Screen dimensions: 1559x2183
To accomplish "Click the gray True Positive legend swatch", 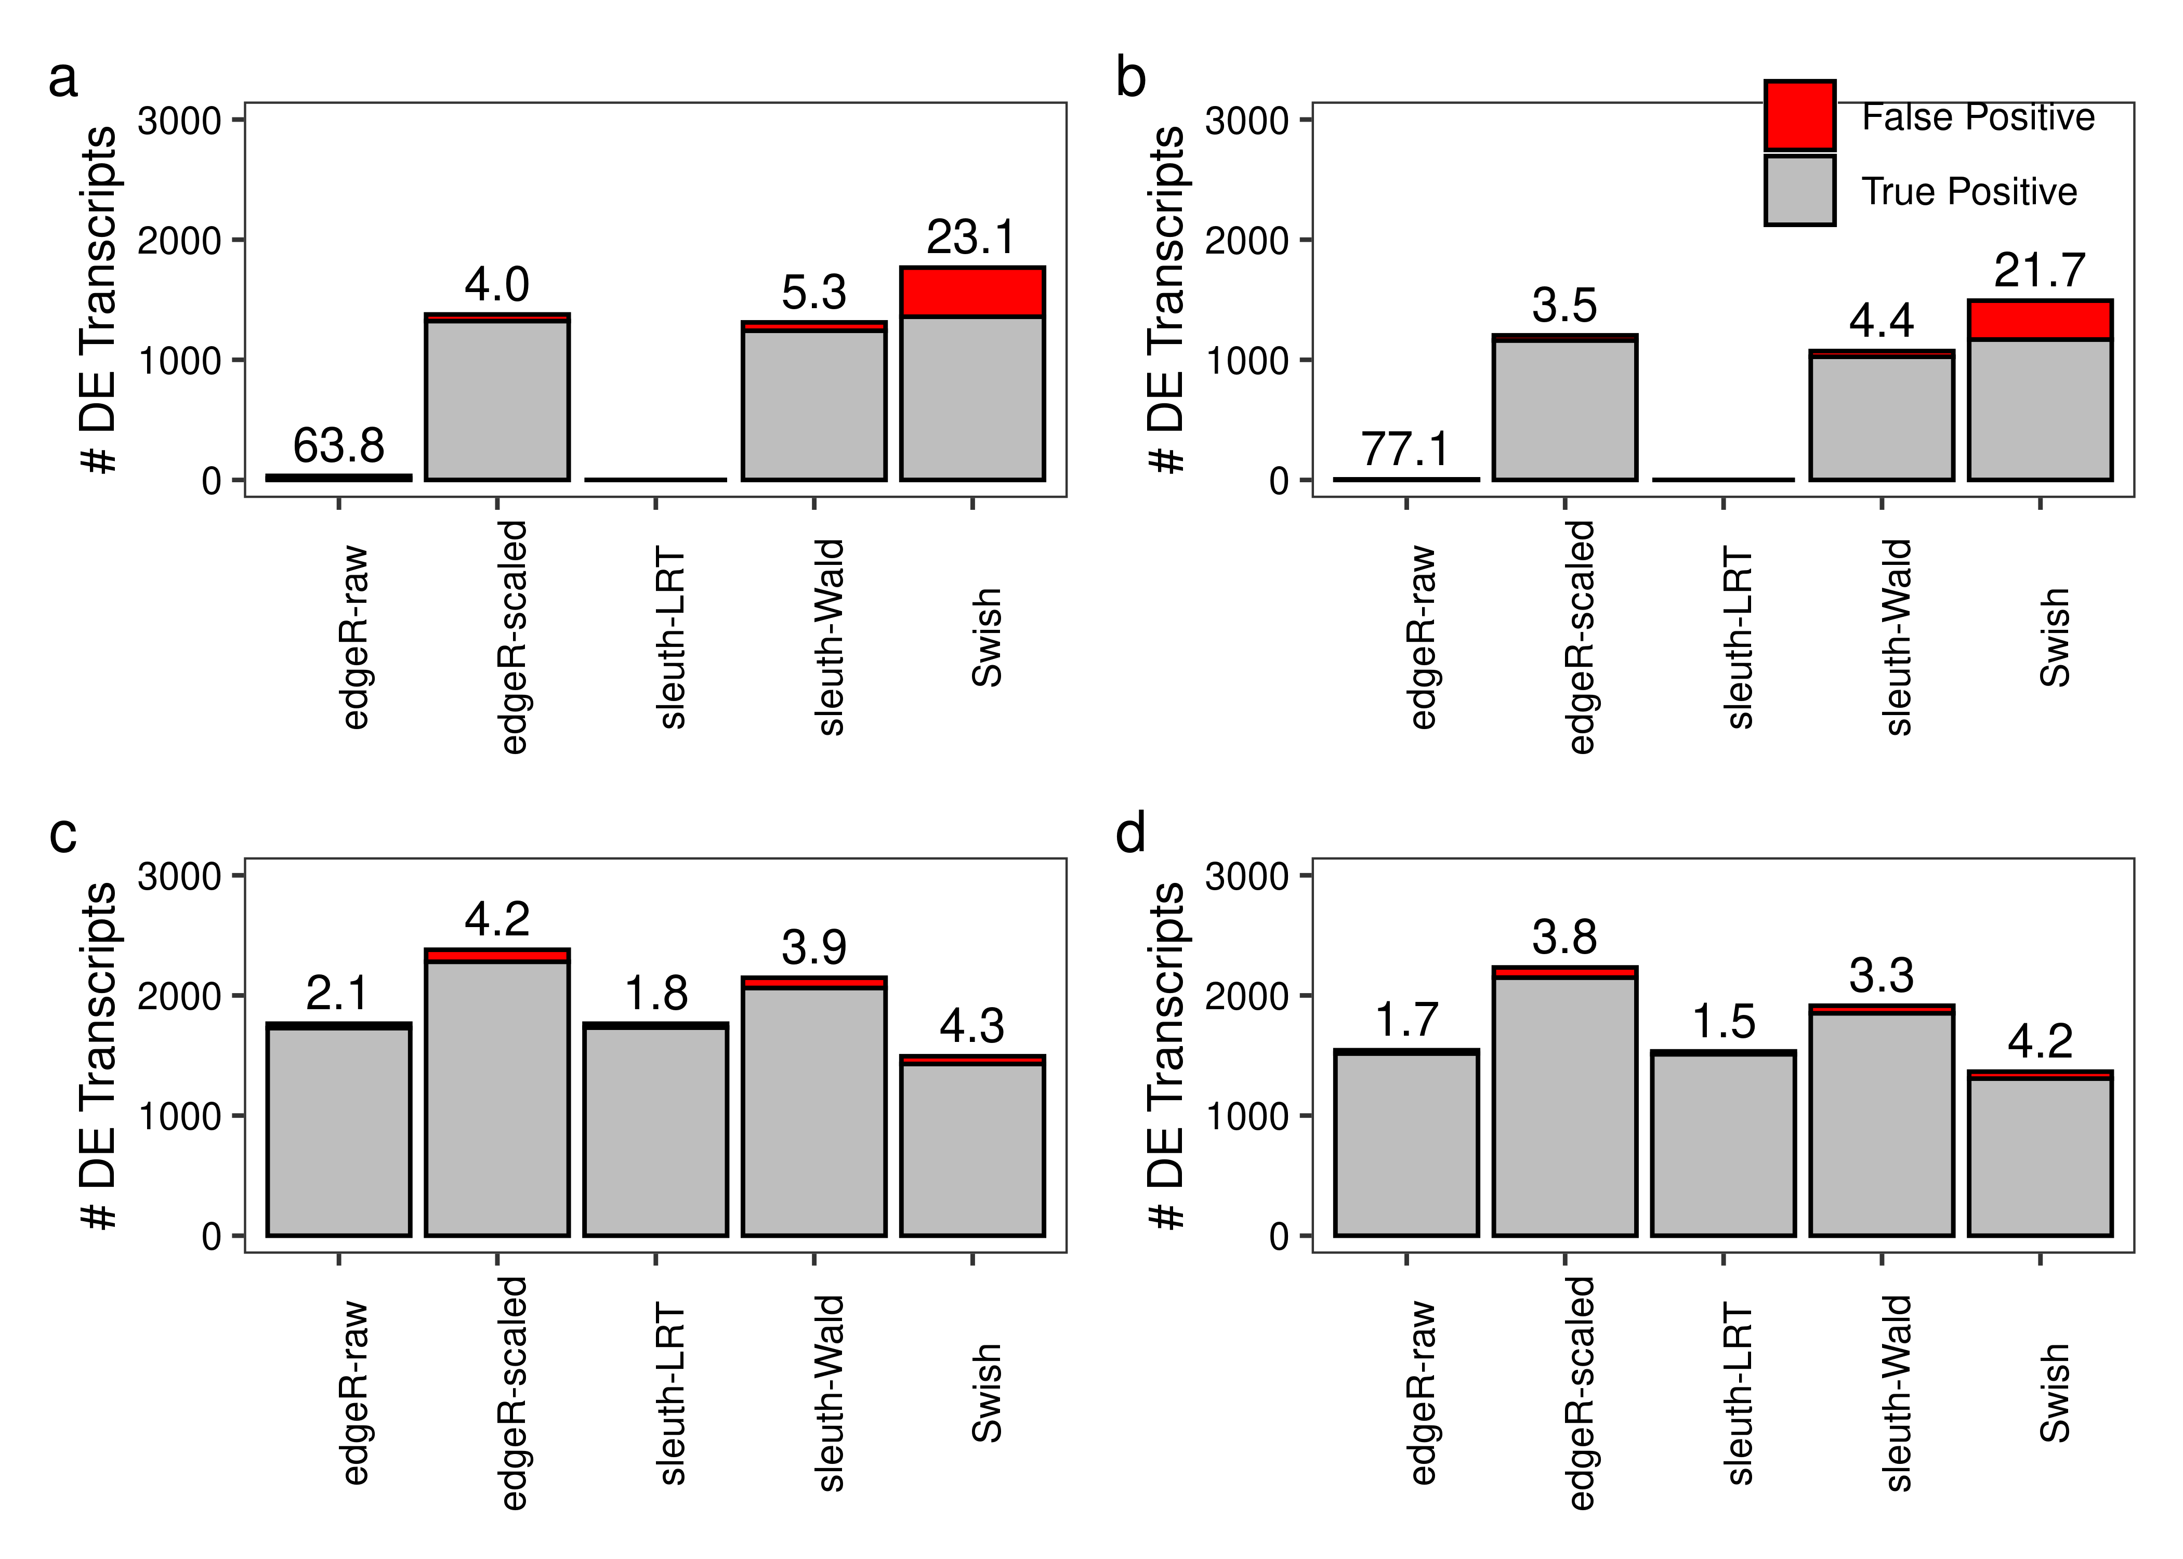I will point(1799,190).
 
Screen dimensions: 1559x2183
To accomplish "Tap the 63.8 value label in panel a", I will point(338,445).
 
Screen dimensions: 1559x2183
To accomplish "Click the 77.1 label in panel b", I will point(1405,450).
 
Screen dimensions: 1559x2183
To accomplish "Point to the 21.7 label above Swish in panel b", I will point(2039,271).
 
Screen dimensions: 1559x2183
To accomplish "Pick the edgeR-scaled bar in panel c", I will point(496,1094).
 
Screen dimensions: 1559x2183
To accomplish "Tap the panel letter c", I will point(63,833).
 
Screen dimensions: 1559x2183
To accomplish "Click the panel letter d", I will point(1131,833).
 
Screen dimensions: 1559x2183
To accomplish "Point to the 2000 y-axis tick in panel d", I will point(1246,996).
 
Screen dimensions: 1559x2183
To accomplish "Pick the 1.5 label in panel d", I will point(1723,1022).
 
